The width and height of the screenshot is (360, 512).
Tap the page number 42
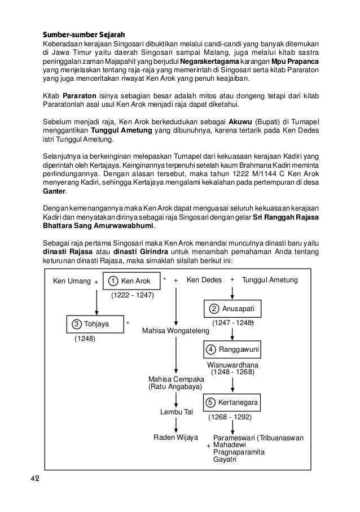tap(35, 479)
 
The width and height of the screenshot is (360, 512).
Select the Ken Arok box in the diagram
tap(131, 281)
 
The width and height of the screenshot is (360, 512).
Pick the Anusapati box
tap(232, 309)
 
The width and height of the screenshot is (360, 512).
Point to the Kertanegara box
tap(232, 402)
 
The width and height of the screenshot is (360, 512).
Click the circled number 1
tap(113, 281)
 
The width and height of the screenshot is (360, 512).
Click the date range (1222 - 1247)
tap(132, 295)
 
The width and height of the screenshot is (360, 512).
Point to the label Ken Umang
tap(72, 280)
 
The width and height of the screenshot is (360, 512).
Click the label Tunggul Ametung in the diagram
tap(270, 280)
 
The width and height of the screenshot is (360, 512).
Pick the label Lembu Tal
tap(177, 412)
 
